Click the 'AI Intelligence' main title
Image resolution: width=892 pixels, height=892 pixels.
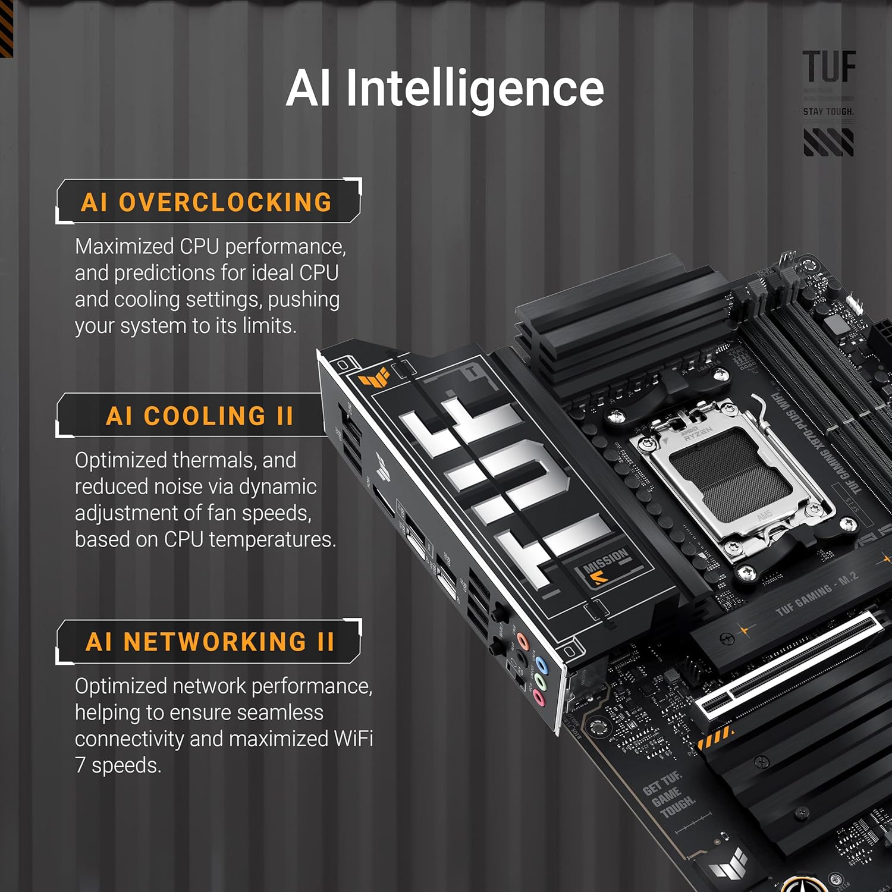pyautogui.click(x=445, y=88)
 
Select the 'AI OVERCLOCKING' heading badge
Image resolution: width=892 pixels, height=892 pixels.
pyautogui.click(x=206, y=202)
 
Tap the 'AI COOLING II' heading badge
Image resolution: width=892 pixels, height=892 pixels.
pyautogui.click(x=199, y=416)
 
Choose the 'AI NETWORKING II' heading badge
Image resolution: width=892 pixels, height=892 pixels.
pyautogui.click(x=209, y=642)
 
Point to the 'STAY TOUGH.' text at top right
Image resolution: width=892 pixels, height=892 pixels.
pyautogui.click(x=828, y=112)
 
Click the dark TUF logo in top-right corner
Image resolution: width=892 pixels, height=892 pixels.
pyautogui.click(x=829, y=67)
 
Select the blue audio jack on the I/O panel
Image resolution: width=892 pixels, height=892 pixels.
pyautogui.click(x=541, y=664)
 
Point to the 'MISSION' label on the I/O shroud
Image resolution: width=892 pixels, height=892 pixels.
pyautogui.click(x=605, y=561)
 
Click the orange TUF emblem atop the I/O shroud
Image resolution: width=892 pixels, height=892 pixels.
pyautogui.click(x=373, y=377)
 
